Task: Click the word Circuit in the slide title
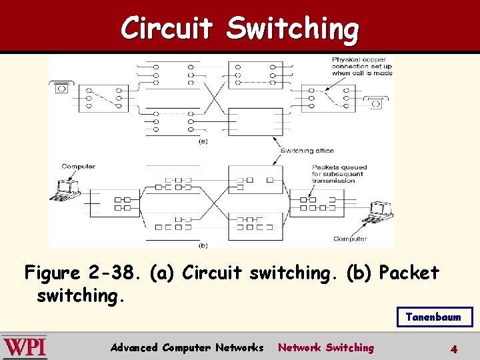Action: (x=167, y=28)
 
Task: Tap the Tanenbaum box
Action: (x=433, y=317)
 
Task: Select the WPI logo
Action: (x=25, y=347)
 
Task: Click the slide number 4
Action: (x=453, y=348)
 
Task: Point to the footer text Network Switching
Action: (x=326, y=347)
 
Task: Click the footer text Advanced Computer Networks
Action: (x=187, y=347)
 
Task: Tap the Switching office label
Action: (x=307, y=151)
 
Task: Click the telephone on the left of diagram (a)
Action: (x=61, y=87)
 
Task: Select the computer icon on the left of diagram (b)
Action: (x=67, y=189)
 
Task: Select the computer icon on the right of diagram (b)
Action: (x=381, y=211)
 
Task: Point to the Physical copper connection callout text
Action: (x=361, y=66)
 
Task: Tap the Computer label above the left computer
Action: (x=78, y=166)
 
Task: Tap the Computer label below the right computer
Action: (x=350, y=238)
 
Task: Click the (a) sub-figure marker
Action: (x=203, y=141)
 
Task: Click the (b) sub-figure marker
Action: (x=203, y=245)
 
